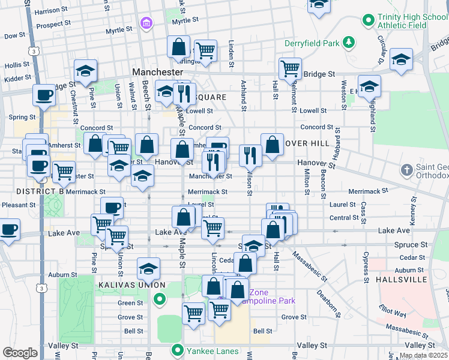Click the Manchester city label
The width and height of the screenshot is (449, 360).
(x=157, y=71)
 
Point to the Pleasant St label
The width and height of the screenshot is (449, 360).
(x=18, y=205)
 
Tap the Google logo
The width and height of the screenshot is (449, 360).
(x=20, y=353)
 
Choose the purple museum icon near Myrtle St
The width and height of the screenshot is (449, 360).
(x=146, y=23)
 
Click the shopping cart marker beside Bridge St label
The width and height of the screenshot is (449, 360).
(x=290, y=68)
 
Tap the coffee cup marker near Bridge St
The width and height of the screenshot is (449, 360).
(x=43, y=95)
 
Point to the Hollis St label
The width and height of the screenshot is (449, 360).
(x=16, y=64)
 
